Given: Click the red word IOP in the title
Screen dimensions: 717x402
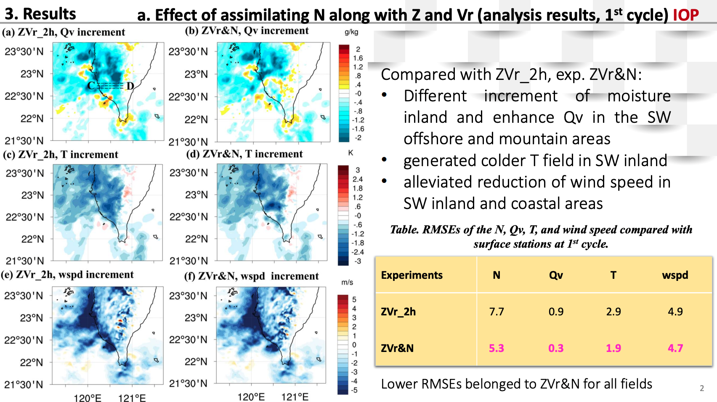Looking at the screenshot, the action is pos(685,15).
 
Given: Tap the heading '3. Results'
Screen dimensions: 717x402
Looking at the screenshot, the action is pos(40,14).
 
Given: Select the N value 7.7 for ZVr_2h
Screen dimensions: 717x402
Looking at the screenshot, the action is pos(497,311).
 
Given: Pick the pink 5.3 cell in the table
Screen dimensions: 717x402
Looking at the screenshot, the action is pos(497,348).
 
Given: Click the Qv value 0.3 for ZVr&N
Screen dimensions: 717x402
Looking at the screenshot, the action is pos(556,348).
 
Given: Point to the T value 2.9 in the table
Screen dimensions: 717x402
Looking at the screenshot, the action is pos(613,311).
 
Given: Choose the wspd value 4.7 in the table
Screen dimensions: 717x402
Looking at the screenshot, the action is pos(675,348).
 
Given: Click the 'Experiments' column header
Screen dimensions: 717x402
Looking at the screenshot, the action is pos(412,275).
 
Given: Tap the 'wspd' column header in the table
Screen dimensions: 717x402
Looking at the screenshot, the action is pos(675,275).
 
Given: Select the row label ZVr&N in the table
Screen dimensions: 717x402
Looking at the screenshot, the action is pos(397,348).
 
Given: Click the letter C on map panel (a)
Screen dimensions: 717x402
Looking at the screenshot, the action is pos(91,85).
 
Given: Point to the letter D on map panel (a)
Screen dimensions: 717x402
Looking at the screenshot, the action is pos(130,86).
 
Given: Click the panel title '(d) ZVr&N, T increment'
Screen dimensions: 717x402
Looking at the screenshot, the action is pos(244,154).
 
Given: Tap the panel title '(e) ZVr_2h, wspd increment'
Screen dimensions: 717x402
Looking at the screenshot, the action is pos(67,275).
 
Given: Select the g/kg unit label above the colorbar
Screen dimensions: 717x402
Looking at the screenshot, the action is pos(351,32).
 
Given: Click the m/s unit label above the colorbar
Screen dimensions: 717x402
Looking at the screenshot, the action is pos(347,283).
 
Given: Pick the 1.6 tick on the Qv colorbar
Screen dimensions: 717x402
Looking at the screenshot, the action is pos(358,58).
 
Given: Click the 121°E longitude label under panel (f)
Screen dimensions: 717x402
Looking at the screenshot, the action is pos(295,397).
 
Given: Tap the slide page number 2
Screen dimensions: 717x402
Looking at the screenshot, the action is pos(702,388).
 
